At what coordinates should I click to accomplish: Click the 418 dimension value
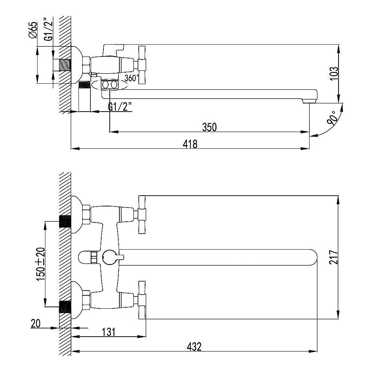[x=190, y=144]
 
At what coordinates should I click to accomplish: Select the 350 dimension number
[x=209, y=127]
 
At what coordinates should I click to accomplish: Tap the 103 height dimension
[x=334, y=74]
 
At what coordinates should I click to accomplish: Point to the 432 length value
[x=194, y=347]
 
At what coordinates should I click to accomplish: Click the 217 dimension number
[x=333, y=257]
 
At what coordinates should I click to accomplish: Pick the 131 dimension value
[x=109, y=332]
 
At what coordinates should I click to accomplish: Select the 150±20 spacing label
[x=40, y=264]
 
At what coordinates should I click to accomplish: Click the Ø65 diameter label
[x=33, y=30]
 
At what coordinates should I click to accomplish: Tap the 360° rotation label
[x=132, y=78]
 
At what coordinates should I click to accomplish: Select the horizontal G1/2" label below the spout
[x=120, y=107]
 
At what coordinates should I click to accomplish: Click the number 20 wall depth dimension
[x=36, y=323]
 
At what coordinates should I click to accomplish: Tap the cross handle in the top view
[x=142, y=64]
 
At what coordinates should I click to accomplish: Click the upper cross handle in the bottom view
[x=142, y=215]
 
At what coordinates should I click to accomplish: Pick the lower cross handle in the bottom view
[x=142, y=300]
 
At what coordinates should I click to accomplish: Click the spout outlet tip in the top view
[x=310, y=101]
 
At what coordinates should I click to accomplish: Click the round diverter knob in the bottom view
[x=109, y=257]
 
